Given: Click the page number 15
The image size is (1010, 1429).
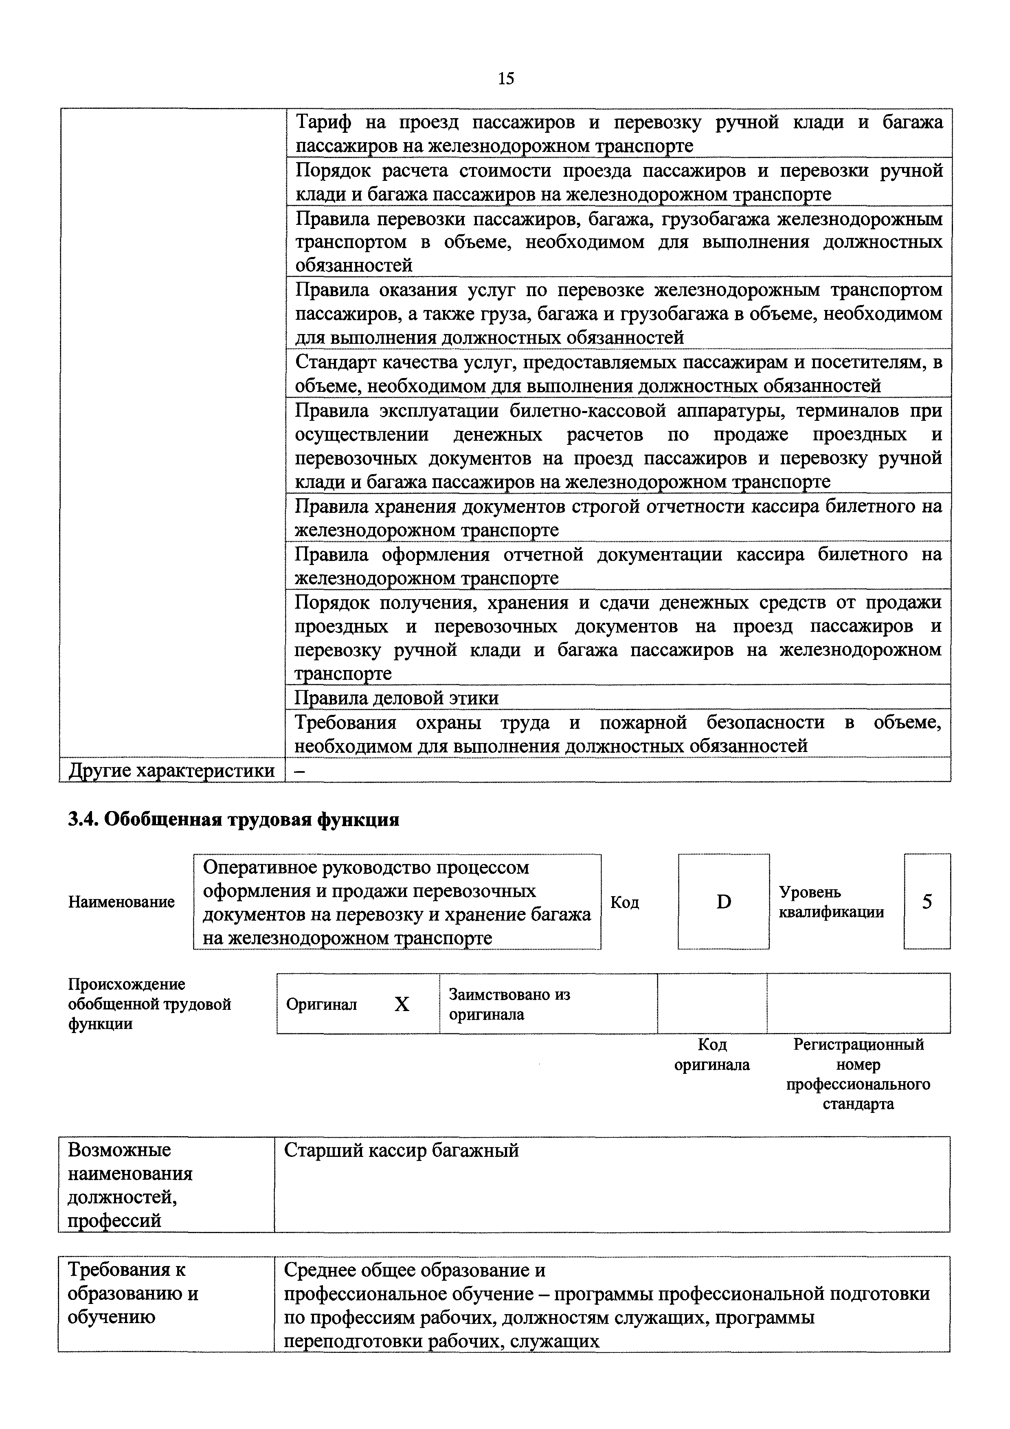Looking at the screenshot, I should click(x=505, y=79).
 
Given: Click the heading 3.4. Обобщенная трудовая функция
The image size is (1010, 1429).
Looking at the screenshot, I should click(x=233, y=819).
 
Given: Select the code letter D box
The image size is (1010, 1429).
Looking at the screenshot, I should click(x=723, y=901).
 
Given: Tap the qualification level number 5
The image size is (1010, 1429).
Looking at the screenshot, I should click(x=927, y=901).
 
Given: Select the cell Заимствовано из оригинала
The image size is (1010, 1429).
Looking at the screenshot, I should click(x=509, y=1004).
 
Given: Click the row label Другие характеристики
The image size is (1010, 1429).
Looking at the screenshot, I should click(x=172, y=770).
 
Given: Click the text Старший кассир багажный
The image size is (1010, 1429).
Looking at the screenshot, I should click(x=402, y=1150).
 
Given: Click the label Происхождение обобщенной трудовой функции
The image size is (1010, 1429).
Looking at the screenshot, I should click(x=149, y=1004).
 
